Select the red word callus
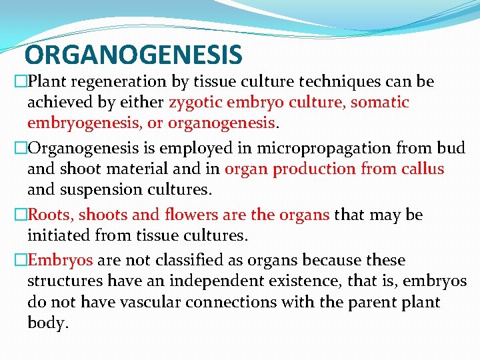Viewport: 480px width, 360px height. (422, 169)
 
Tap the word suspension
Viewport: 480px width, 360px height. (105, 189)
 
